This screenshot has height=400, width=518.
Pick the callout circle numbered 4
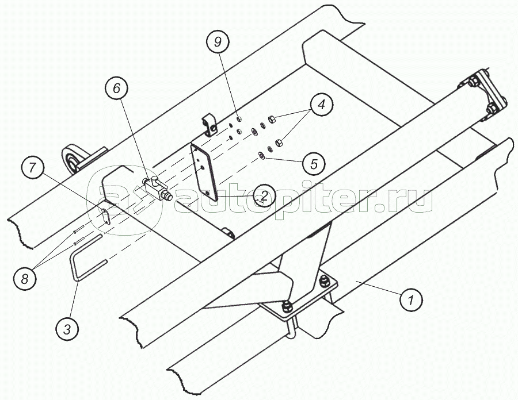click(321, 106)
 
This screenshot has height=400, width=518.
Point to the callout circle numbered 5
click(314, 164)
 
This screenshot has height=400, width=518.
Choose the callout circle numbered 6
click(116, 89)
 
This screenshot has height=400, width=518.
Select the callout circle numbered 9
click(218, 42)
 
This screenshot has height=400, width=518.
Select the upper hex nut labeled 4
click(273, 120)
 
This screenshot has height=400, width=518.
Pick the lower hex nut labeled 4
click(279, 141)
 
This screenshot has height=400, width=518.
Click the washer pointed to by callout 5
click(262, 153)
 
